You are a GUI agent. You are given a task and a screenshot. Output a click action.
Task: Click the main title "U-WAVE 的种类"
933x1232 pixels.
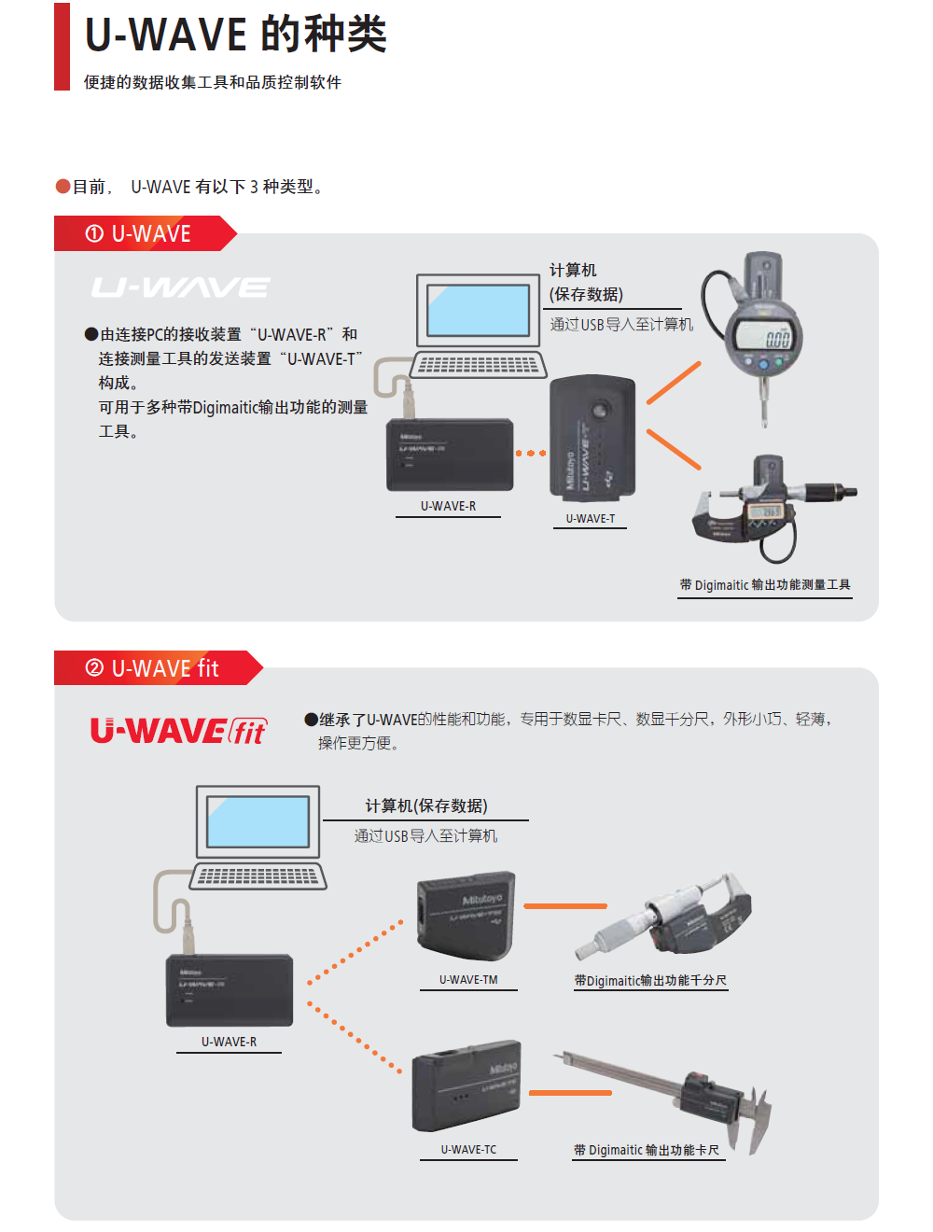(x=235, y=35)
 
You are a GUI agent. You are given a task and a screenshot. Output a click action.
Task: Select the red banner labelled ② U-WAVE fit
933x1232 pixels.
(x=154, y=668)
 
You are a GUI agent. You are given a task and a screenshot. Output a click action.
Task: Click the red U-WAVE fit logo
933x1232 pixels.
(x=178, y=731)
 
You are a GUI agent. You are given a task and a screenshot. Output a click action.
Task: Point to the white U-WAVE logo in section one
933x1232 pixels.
(x=180, y=287)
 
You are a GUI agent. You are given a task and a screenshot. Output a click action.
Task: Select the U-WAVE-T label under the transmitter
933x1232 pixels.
(x=590, y=519)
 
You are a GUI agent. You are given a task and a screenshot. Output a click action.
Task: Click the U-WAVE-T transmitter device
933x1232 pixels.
(x=592, y=437)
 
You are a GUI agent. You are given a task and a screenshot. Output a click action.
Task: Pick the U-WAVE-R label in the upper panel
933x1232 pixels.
(x=448, y=506)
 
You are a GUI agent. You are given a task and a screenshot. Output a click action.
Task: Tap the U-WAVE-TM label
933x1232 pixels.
(x=468, y=980)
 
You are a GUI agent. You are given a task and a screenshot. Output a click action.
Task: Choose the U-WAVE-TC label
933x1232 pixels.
(x=468, y=1150)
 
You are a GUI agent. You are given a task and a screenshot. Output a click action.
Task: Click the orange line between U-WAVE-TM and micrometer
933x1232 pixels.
(x=565, y=906)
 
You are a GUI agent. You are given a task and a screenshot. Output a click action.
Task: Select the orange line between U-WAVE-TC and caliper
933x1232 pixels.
(x=570, y=1093)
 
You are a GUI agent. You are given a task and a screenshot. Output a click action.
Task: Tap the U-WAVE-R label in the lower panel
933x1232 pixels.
(x=229, y=1042)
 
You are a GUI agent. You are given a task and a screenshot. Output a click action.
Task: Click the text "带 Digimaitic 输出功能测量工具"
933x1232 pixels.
(x=765, y=585)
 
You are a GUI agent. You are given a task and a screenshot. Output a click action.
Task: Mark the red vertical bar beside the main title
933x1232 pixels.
(x=62, y=47)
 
